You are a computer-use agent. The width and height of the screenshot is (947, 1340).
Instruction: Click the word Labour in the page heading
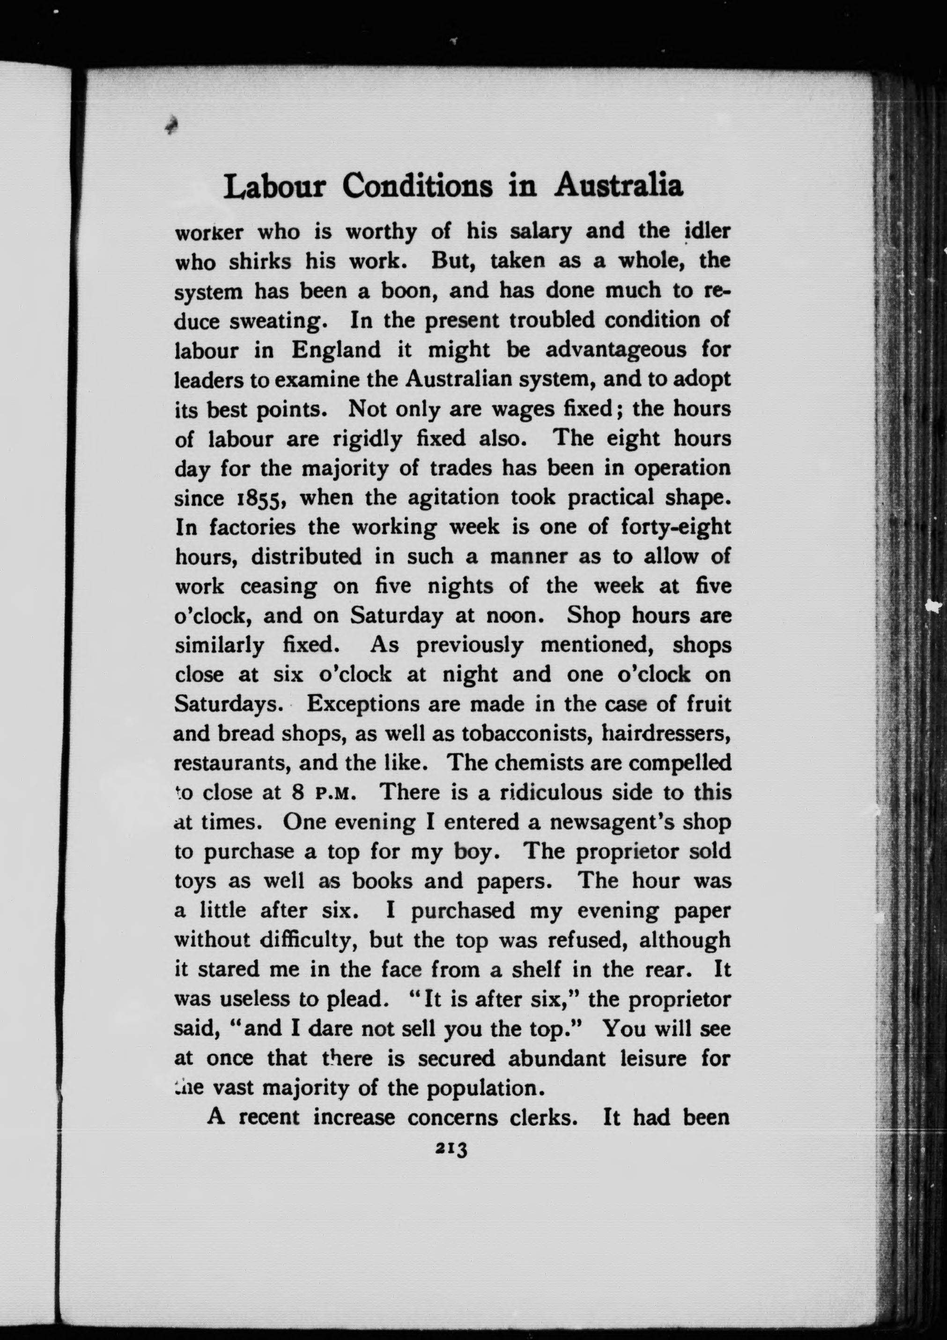click(x=274, y=187)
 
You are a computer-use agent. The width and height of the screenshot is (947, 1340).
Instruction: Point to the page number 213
click(x=451, y=1148)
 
